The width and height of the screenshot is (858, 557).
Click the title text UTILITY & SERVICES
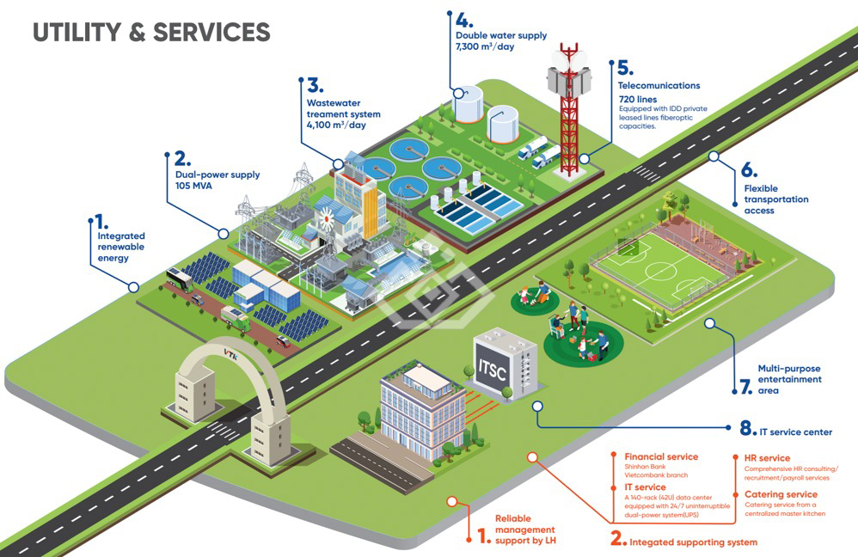coord(151,33)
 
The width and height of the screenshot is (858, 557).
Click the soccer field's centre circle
coord(660,272)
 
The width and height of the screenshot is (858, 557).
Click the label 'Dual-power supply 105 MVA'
coord(217,181)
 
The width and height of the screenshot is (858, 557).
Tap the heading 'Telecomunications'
coord(659,86)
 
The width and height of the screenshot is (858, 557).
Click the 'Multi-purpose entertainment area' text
coord(789,379)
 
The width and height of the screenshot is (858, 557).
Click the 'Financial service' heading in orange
coord(661,456)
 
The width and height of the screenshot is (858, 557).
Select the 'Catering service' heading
coord(781,494)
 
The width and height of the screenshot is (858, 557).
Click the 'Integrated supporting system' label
coord(693,542)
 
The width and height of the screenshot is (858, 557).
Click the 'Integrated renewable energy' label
coord(120,247)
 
